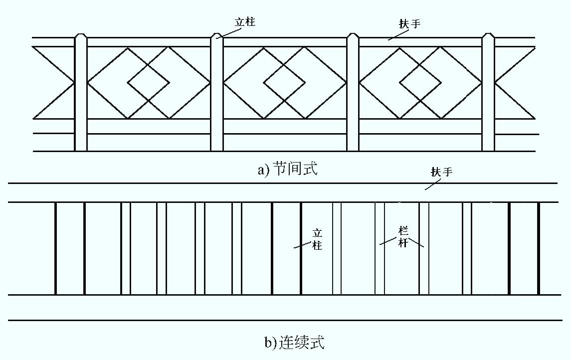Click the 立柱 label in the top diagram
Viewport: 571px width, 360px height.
click(x=245, y=22)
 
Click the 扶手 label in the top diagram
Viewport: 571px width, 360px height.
click(x=410, y=24)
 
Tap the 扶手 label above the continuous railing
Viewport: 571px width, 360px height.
click(x=442, y=172)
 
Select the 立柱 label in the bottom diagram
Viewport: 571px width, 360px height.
click(x=317, y=239)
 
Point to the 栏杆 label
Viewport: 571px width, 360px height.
click(x=403, y=237)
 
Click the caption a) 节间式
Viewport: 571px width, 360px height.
click(x=288, y=169)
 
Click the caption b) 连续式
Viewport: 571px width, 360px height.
click(x=294, y=343)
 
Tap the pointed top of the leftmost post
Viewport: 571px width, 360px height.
click(x=81, y=35)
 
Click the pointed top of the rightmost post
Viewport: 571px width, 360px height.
click(x=488, y=35)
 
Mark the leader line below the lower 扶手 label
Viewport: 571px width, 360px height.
click(x=434, y=184)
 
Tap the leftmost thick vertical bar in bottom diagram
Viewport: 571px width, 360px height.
click(x=55, y=248)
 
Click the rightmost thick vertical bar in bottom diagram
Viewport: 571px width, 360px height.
click(x=539, y=248)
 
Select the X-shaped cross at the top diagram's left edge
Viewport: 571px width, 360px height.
click(x=53, y=83)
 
